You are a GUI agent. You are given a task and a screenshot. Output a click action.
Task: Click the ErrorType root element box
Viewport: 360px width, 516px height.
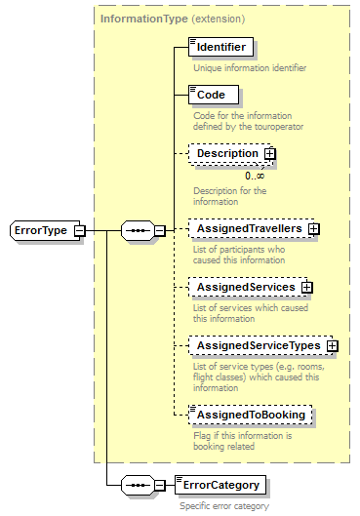click(x=42, y=230)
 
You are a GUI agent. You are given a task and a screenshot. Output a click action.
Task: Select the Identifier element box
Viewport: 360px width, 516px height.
click(x=220, y=46)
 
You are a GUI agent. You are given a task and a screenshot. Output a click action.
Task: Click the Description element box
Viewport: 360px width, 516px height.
click(x=226, y=153)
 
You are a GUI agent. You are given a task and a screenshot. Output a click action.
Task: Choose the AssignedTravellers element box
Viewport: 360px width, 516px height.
click(x=248, y=228)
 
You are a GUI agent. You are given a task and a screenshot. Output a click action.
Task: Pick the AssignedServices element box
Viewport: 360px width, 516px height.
click(x=244, y=287)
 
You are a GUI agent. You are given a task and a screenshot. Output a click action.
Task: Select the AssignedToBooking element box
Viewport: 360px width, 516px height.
click(x=251, y=415)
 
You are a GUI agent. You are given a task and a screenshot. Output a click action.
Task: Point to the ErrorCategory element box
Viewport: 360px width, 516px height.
click(x=220, y=485)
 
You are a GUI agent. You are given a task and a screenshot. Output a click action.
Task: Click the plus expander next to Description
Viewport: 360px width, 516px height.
click(x=270, y=153)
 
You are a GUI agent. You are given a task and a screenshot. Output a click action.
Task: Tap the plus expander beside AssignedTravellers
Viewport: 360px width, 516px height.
click(x=314, y=228)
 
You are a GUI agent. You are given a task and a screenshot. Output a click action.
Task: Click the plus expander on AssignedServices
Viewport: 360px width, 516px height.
click(x=306, y=287)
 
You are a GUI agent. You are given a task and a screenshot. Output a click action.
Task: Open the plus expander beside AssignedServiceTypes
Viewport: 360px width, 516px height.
click(x=332, y=345)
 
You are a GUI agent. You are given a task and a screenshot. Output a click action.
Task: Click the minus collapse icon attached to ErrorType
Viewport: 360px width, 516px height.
click(x=79, y=230)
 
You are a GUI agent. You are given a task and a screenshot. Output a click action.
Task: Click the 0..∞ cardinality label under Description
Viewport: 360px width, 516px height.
click(x=255, y=176)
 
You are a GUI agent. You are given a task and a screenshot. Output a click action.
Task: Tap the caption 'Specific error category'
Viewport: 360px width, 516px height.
click(x=223, y=506)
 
